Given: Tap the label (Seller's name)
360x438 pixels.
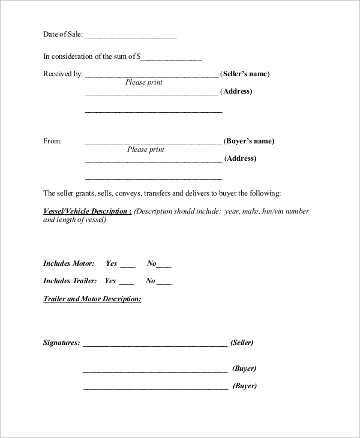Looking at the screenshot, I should [x=245, y=74].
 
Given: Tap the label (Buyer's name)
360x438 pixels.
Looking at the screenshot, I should [x=249, y=142].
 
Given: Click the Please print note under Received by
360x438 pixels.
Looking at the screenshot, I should [x=144, y=83].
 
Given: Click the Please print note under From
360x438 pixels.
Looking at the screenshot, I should [x=146, y=150].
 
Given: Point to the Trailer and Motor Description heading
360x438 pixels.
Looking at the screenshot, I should [x=92, y=299].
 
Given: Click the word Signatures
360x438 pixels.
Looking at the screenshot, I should [x=61, y=343].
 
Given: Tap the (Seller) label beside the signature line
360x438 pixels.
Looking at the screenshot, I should [x=242, y=343].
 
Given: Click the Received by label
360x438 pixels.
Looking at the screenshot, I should [x=62, y=74].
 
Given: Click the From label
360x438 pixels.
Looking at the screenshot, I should [x=53, y=142].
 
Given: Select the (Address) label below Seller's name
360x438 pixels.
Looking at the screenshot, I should [x=236, y=92].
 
